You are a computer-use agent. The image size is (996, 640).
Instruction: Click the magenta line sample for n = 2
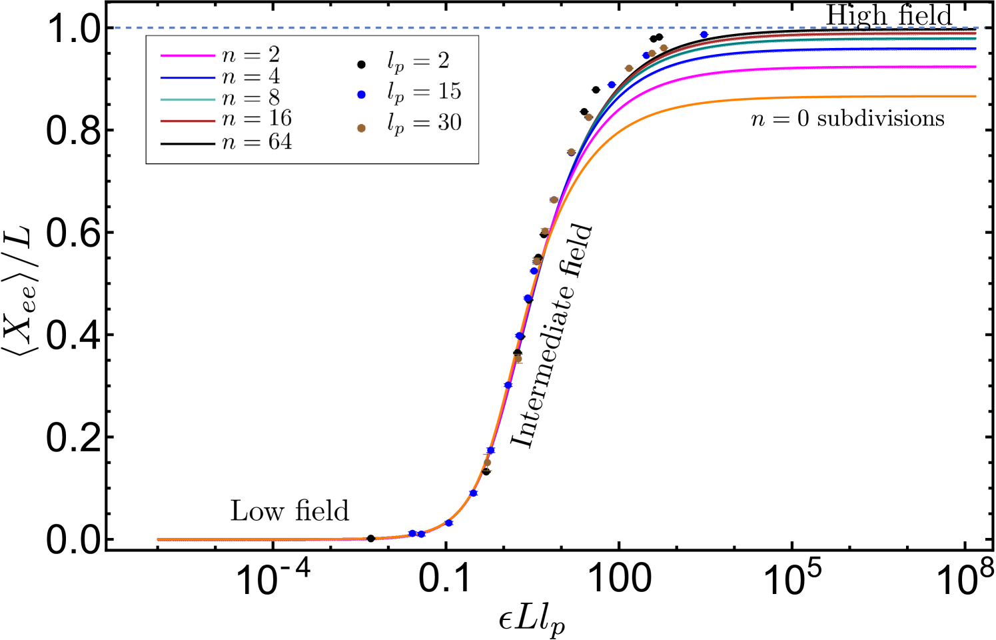[187, 56]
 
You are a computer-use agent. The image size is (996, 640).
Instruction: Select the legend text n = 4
[250, 77]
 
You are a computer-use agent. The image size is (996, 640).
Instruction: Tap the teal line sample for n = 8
[187, 99]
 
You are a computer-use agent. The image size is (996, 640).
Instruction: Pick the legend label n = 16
[256, 119]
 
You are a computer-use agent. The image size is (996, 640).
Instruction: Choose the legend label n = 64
[256, 142]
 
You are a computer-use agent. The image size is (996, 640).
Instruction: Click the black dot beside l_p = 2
[361, 65]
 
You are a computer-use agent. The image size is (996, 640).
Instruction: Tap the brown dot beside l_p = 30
[361, 128]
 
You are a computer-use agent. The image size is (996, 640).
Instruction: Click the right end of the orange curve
[975, 97]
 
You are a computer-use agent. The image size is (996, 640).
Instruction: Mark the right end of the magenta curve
[975, 67]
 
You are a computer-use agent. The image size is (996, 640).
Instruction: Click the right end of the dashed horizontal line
[984, 27]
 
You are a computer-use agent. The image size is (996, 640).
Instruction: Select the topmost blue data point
[704, 35]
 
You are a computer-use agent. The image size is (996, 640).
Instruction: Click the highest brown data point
[664, 48]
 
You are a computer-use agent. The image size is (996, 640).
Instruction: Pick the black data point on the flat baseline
[371, 538]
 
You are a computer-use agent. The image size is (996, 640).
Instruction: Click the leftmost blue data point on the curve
[412, 533]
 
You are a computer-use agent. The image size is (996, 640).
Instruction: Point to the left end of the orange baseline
[158, 539]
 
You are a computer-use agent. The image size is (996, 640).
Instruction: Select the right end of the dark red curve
[975, 33]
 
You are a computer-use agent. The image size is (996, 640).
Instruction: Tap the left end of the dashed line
[116, 27]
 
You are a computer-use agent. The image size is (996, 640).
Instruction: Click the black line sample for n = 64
[187, 143]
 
